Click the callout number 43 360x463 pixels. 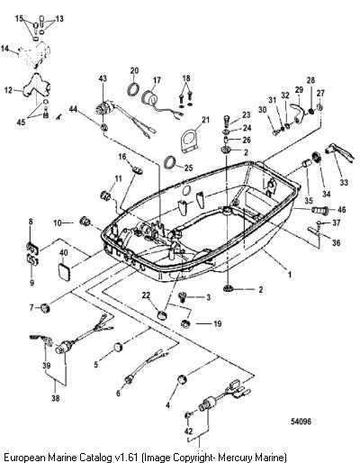[103, 78]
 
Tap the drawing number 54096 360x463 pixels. [301, 422]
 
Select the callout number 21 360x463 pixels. [205, 120]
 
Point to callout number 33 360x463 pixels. [344, 182]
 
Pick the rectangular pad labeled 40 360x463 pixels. [64, 271]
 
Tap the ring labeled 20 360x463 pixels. [133, 89]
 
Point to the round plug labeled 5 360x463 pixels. [118, 347]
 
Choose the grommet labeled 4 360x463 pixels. [182, 379]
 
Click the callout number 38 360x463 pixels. [56, 398]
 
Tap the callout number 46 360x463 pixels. [342, 210]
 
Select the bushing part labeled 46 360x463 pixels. [319, 209]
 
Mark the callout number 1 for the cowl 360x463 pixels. [290, 275]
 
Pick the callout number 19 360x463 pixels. [217, 324]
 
